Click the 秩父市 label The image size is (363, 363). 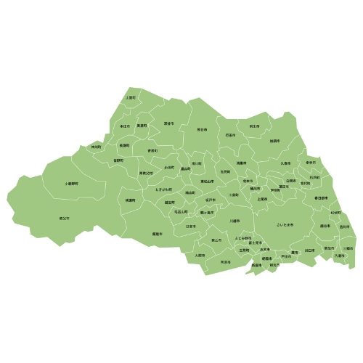(64, 218)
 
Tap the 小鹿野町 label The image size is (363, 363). (71, 184)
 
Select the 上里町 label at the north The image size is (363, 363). (131, 97)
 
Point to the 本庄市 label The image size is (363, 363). (125, 126)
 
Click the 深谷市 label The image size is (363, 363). (169, 123)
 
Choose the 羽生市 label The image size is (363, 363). (254, 126)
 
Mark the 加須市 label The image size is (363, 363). (274, 141)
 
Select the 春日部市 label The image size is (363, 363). (321, 197)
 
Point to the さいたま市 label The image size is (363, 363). (285, 225)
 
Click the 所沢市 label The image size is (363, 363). (226, 261)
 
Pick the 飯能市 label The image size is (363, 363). (157, 234)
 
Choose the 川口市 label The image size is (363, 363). (309, 250)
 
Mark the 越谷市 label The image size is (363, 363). (324, 226)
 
